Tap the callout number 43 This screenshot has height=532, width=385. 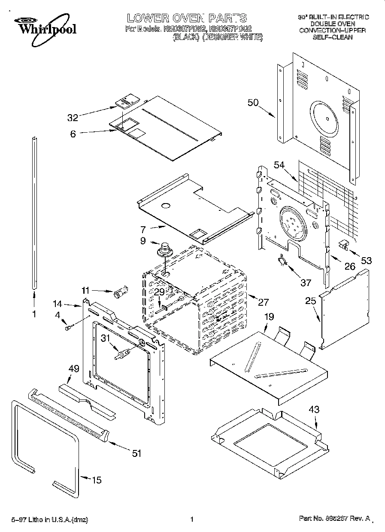[x=314, y=410]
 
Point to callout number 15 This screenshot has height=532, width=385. [x=97, y=480]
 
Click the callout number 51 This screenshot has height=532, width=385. [x=136, y=453]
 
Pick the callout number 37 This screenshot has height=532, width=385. [x=305, y=283]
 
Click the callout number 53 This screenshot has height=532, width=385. [x=366, y=260]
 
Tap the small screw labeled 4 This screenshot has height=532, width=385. [x=68, y=328]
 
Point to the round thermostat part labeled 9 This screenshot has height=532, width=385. [x=164, y=249]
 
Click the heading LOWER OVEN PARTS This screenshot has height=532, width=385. [x=187, y=18]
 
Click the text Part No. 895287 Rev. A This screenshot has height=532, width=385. [x=334, y=519]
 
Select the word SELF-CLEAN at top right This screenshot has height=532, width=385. [x=333, y=37]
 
